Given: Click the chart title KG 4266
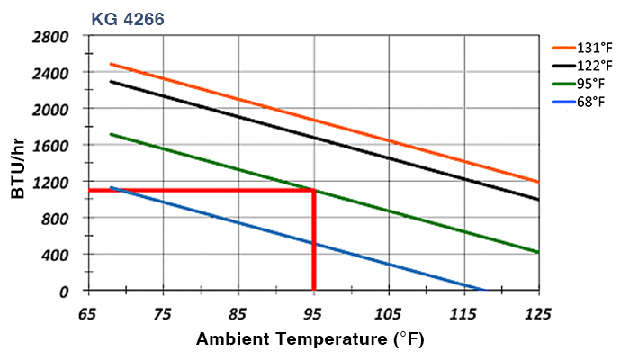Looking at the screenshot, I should [x=127, y=15].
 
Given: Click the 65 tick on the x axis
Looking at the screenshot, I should [x=88, y=315].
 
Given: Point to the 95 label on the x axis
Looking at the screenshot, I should [x=313, y=315].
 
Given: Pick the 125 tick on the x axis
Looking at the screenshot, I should [x=538, y=315].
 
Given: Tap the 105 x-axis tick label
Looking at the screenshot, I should [x=388, y=315].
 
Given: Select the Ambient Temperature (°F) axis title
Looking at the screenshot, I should [x=310, y=340].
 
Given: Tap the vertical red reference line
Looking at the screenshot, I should [x=313, y=243].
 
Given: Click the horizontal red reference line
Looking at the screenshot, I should [x=198, y=190].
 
